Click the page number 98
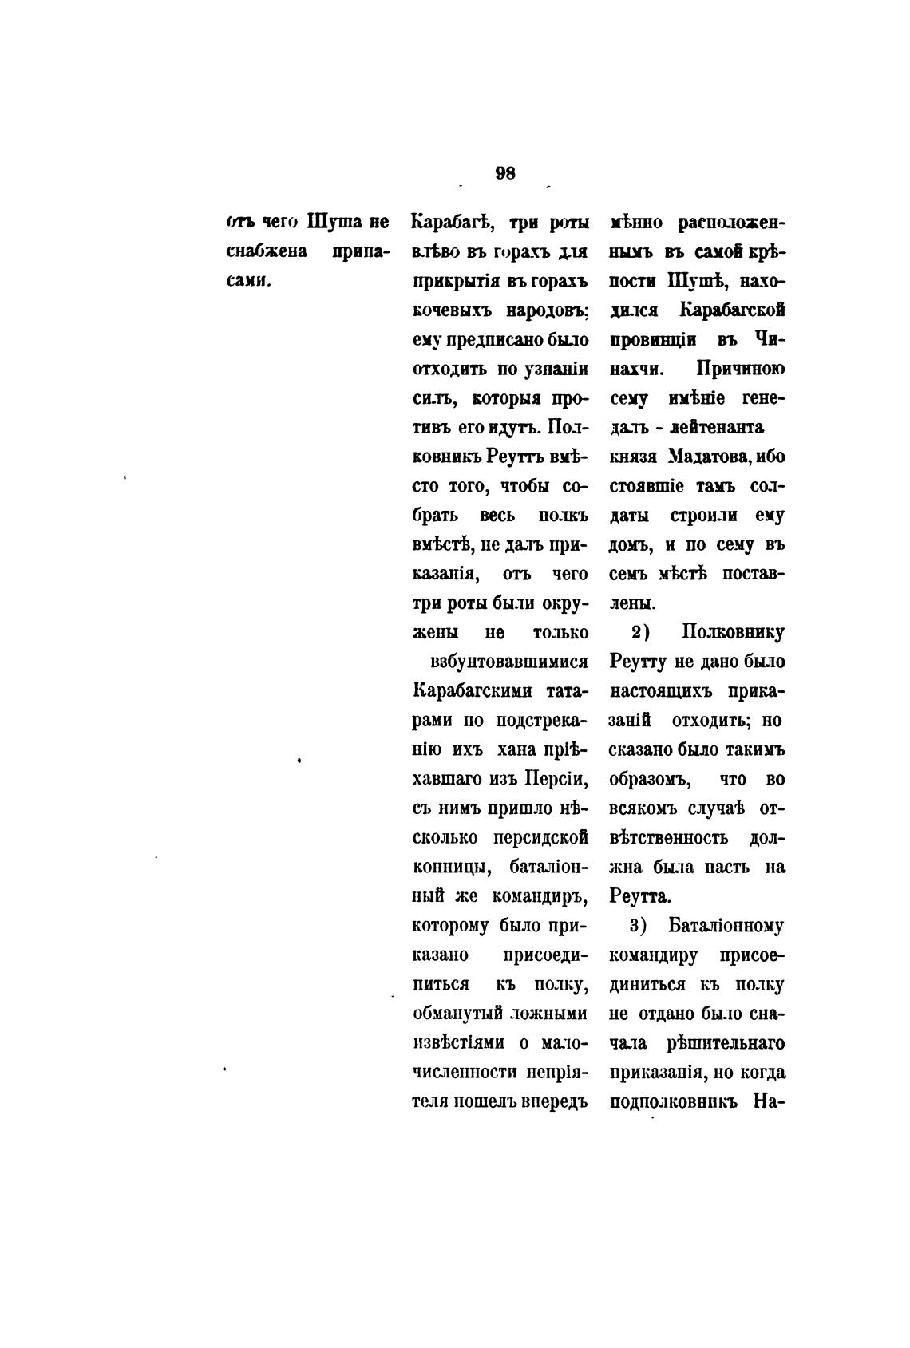click(x=505, y=173)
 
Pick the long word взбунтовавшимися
click(x=509, y=662)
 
